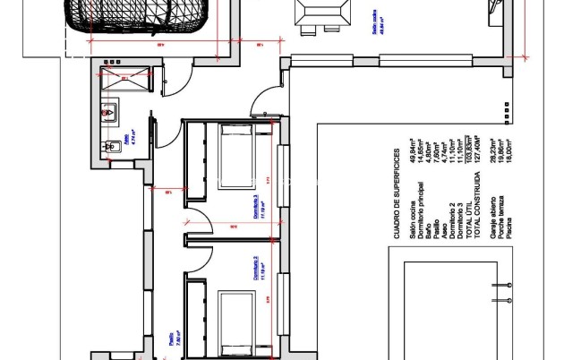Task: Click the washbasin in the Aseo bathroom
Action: (107, 113)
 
